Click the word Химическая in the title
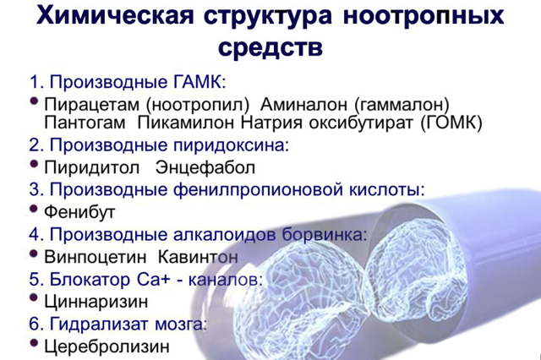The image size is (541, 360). [x=115, y=15]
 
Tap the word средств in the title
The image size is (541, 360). [x=270, y=47]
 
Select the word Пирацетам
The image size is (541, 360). [x=92, y=104]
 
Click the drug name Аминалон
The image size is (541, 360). [x=303, y=104]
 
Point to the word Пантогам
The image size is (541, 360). [x=85, y=123]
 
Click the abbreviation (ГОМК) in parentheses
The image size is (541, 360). [x=451, y=123]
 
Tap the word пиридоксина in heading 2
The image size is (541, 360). [x=231, y=145]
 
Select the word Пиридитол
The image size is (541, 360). [x=92, y=168]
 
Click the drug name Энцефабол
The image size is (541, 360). [x=205, y=168]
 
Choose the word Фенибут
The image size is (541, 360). [x=79, y=212]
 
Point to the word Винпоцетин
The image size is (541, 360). [x=96, y=257]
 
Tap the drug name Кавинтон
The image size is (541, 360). [x=198, y=257]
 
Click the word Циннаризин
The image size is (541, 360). [x=96, y=302]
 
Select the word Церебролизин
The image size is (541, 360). [x=107, y=346]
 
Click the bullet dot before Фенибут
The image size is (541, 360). [x=34, y=209]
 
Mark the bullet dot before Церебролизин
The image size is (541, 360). [x=34, y=343]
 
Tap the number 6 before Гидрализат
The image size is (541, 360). [x=35, y=325]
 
